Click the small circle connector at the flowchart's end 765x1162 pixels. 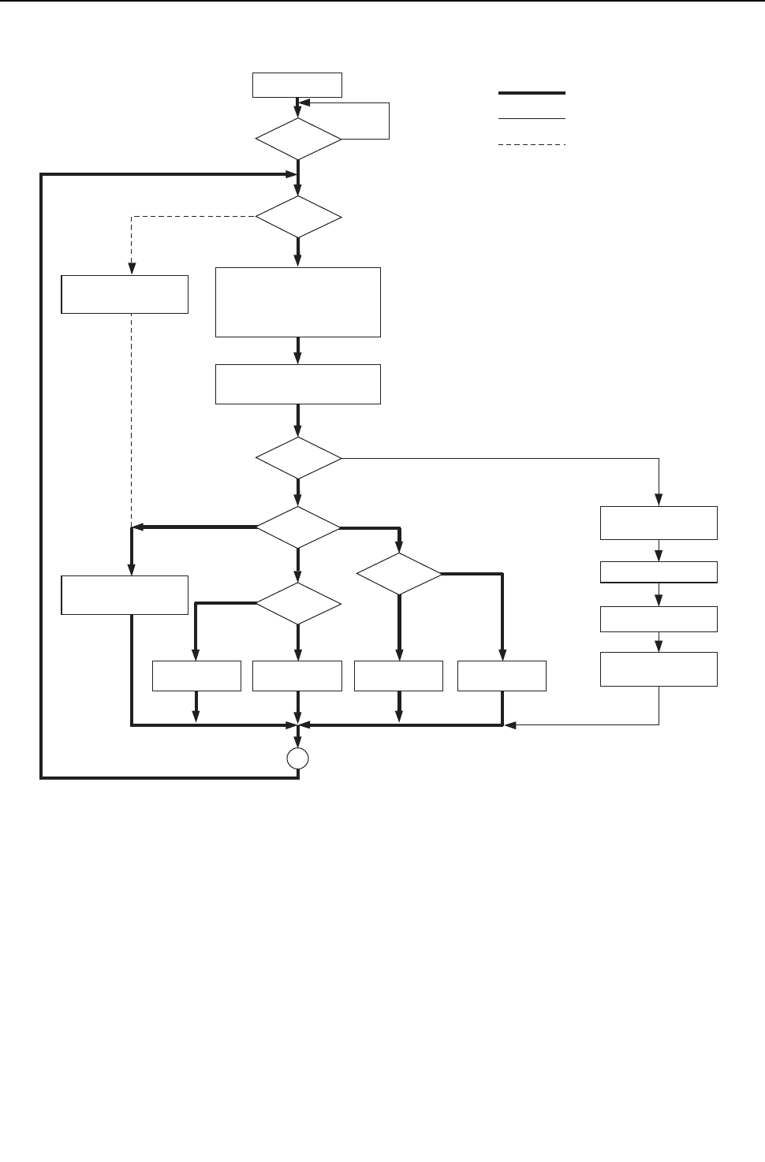(297, 758)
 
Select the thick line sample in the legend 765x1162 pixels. (532, 93)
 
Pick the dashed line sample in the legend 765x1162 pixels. (532, 145)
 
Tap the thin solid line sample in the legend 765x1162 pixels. (532, 119)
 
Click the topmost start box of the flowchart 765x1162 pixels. (297, 84)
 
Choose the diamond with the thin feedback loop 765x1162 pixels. (298, 139)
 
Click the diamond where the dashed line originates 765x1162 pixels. (298, 216)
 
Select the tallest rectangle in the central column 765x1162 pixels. (298, 302)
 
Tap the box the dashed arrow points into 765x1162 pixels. (125, 294)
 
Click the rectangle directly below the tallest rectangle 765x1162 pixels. (298, 384)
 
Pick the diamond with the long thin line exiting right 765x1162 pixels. (298, 458)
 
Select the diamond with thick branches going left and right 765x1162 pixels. (298, 527)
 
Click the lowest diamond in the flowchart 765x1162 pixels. (298, 604)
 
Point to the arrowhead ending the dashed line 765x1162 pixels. (131, 269)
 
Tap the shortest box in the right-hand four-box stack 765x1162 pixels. (659, 572)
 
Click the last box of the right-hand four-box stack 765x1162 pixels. (659, 669)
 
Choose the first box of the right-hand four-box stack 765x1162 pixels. (659, 523)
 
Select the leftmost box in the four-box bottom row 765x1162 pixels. (196, 676)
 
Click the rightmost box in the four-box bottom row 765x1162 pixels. (502, 676)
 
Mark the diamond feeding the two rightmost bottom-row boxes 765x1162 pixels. (399, 575)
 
